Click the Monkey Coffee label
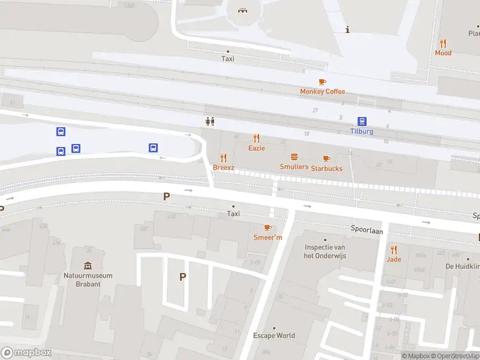pyautogui.click(x=323, y=91)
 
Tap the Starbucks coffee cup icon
pyautogui.click(x=326, y=159)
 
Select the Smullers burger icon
pyautogui.click(x=294, y=157)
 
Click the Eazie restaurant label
pyautogui.click(x=256, y=148)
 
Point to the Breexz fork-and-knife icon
pyautogui.click(x=224, y=158)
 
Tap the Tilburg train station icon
pyautogui.click(x=362, y=121)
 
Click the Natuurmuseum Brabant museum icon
pyautogui.click(x=88, y=266)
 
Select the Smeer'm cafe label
pyautogui.click(x=268, y=237)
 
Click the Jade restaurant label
pyautogui.click(x=394, y=259)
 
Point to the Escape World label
pyautogui.click(x=274, y=335)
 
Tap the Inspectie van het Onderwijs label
pyautogui.click(x=325, y=251)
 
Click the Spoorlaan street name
pyautogui.click(x=367, y=230)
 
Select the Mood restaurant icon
pyautogui.click(x=443, y=43)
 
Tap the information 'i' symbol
pyautogui.click(x=347, y=29)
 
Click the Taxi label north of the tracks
pyautogui.click(x=227, y=59)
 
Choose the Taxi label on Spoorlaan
pyautogui.click(x=233, y=214)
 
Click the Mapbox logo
pyautogui.click(x=26, y=353)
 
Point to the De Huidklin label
pyautogui.click(x=462, y=266)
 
